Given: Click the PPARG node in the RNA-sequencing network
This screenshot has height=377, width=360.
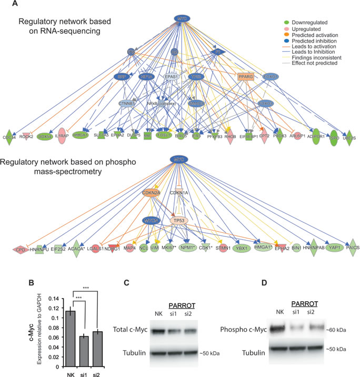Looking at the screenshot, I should coord(246,77).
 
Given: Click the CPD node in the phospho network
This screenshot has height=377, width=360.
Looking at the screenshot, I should coord(21,250).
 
